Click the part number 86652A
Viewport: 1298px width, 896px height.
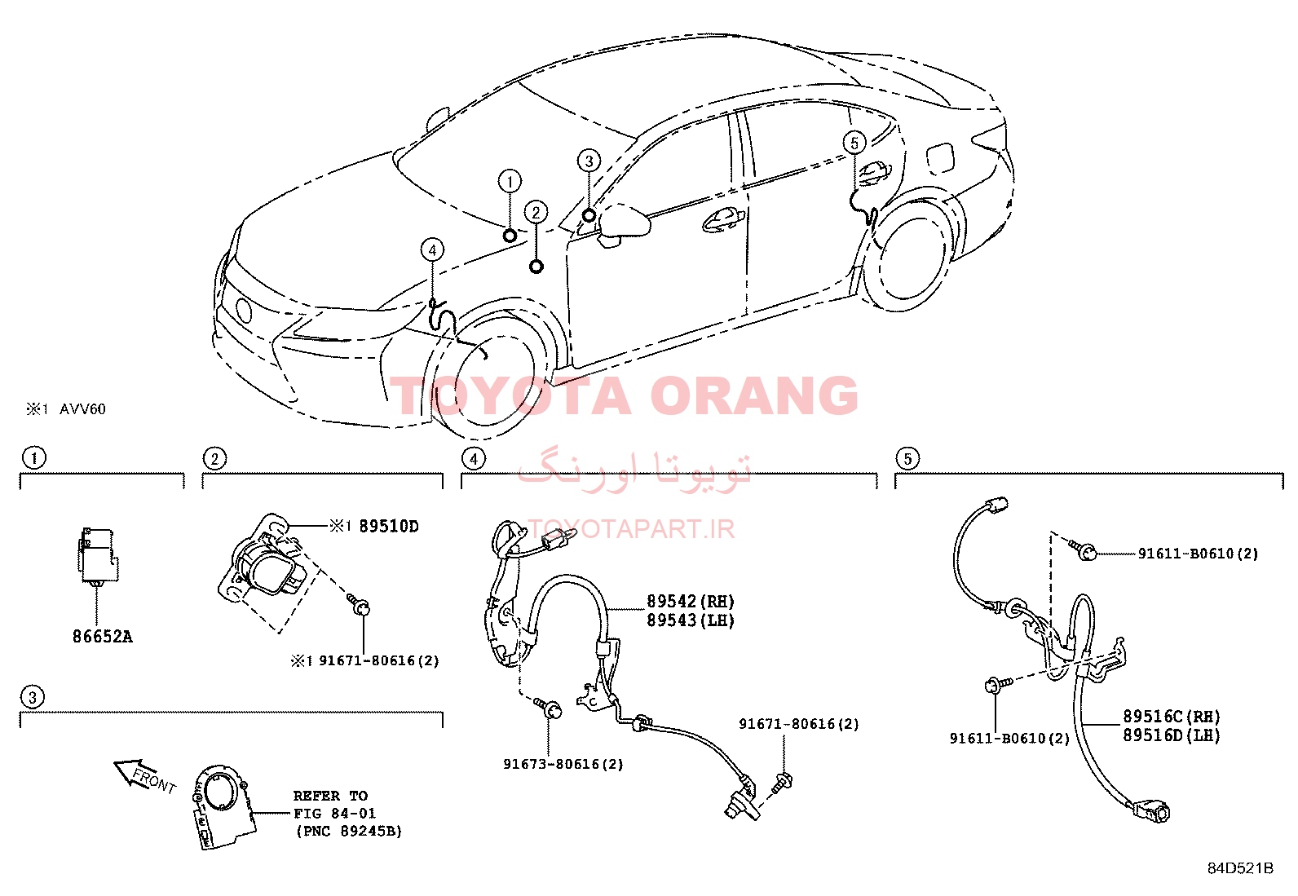click(x=103, y=637)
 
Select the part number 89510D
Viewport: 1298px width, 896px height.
click(x=389, y=526)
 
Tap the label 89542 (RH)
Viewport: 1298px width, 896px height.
click(x=691, y=601)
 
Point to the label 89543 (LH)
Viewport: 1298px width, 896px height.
click(x=691, y=620)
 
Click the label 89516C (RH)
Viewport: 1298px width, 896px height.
click(x=1172, y=717)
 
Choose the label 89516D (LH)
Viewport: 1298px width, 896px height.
click(x=1172, y=735)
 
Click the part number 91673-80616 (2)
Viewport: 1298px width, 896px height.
click(x=563, y=765)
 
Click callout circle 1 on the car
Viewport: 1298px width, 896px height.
click(x=510, y=182)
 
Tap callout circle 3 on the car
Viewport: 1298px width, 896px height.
click(x=589, y=161)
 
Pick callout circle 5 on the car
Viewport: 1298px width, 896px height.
click(x=854, y=143)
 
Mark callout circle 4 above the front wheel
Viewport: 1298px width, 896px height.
click(x=432, y=249)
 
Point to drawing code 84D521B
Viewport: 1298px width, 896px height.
click(x=1241, y=868)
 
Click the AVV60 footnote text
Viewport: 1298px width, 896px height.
click(x=83, y=409)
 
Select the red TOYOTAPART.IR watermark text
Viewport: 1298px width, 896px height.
click(x=631, y=529)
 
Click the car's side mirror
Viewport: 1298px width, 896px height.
click(x=625, y=223)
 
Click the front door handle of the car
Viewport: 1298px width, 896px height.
click(x=722, y=220)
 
